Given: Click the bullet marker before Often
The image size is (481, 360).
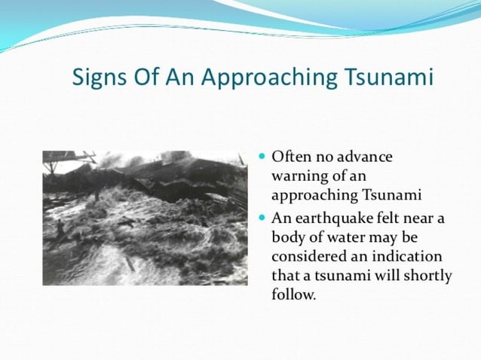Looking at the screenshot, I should (x=262, y=157).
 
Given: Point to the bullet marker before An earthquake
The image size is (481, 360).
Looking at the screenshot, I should (x=262, y=216).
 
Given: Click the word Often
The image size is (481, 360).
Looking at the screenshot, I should (x=290, y=157).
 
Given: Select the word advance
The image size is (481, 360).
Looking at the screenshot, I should (x=363, y=157).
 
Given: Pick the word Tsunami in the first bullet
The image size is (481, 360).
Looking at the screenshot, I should (x=391, y=197).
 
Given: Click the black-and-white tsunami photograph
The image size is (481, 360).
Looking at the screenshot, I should (x=145, y=217).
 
